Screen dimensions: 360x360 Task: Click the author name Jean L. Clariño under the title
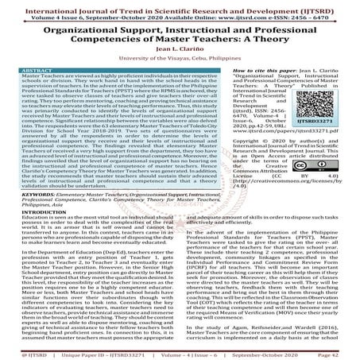pyautogui.click(x=180, y=49)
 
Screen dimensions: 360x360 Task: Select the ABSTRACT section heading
pyautogui.click(x=25, y=71)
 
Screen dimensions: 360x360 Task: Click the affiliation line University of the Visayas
pyautogui.click(x=180, y=60)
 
